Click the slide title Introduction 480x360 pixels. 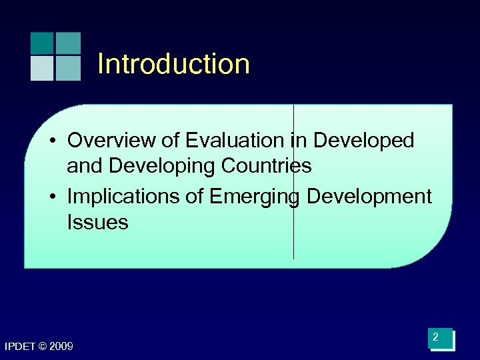pyautogui.click(x=173, y=64)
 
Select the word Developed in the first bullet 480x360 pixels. pyautogui.click(x=363, y=141)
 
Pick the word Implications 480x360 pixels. pyautogui.click(x=119, y=197)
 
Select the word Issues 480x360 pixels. pyautogui.click(x=97, y=222)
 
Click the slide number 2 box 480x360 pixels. pyautogui.click(x=441, y=339)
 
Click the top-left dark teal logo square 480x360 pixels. pyautogui.click(x=41, y=43)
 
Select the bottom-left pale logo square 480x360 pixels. pyautogui.click(x=41, y=68)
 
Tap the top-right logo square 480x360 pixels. pyautogui.click(x=68, y=43)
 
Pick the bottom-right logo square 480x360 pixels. pyautogui.click(x=68, y=68)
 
